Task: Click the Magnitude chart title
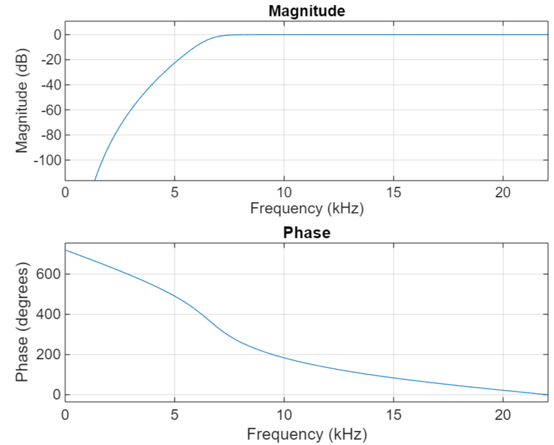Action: click(x=306, y=11)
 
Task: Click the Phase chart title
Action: click(x=306, y=233)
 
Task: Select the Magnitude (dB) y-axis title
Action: click(x=23, y=101)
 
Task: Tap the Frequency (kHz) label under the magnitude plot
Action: click(x=306, y=208)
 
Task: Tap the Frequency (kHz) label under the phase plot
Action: click(x=306, y=434)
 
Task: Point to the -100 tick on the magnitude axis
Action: click(x=48, y=160)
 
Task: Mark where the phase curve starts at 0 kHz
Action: click(x=66, y=250)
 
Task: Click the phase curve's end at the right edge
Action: click(x=547, y=394)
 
